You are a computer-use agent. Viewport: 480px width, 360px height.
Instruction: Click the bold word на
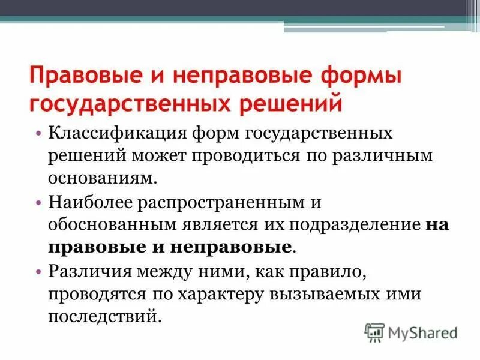click(x=437, y=225)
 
